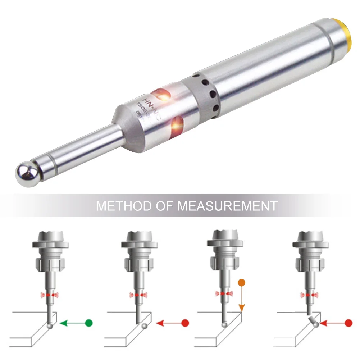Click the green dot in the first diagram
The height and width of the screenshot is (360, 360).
click(x=89, y=323)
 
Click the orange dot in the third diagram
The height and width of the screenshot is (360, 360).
click(x=242, y=282)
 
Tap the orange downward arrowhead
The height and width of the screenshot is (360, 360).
click(x=242, y=308)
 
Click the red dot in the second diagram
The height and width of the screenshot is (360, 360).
click(x=185, y=323)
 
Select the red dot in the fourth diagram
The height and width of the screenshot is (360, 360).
click(x=348, y=323)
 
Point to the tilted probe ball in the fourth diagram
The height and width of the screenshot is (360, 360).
click(x=316, y=325)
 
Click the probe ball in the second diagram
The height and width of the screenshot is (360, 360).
click(x=145, y=326)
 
